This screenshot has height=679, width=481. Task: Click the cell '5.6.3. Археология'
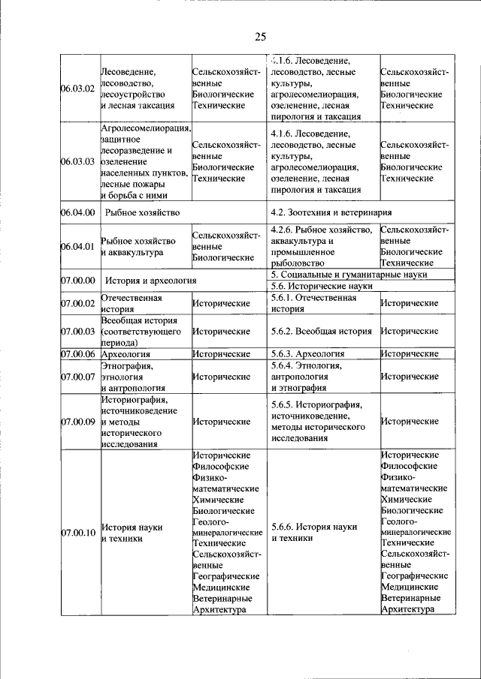pyautogui.click(x=308, y=353)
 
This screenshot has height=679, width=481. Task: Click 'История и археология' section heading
pyautogui.click(x=150, y=281)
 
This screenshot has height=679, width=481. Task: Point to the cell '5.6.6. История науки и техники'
pyautogui.click(x=314, y=533)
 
